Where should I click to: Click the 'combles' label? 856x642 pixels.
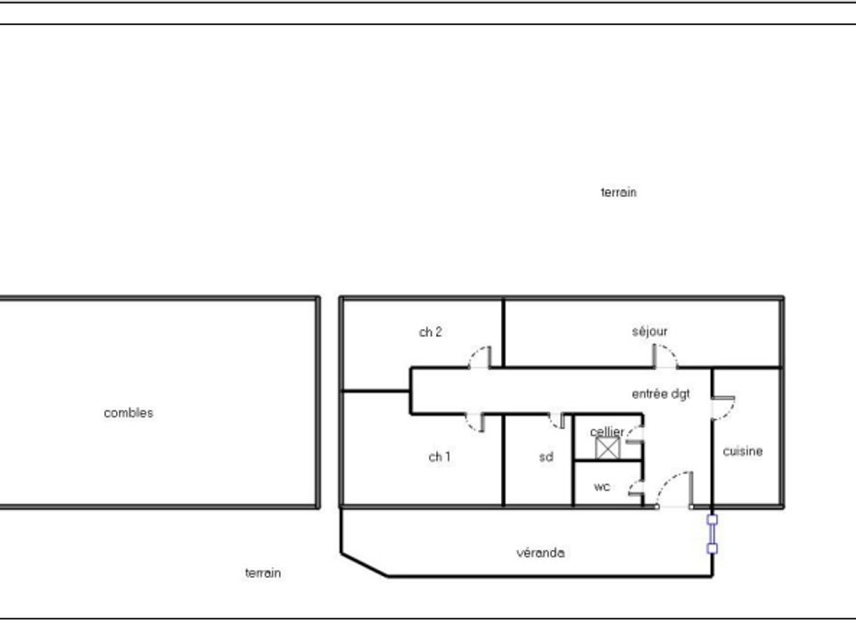[128, 413]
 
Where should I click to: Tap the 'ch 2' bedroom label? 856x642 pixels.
[430, 332]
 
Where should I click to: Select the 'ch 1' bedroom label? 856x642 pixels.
[440, 457]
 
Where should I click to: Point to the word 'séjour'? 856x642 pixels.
[650, 332]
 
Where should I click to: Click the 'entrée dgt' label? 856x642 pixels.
[661, 393]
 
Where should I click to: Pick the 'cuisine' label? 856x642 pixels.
[743, 451]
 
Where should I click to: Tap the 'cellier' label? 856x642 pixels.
[606, 432]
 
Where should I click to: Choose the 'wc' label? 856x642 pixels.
[602, 487]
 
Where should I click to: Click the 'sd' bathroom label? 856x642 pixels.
[546, 457]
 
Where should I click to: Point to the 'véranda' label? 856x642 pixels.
[540, 553]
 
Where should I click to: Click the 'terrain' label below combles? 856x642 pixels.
[263, 573]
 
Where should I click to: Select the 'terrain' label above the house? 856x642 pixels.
[619, 193]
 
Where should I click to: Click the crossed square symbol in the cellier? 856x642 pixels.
[607, 449]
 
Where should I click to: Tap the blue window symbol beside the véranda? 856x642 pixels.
[712, 534]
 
